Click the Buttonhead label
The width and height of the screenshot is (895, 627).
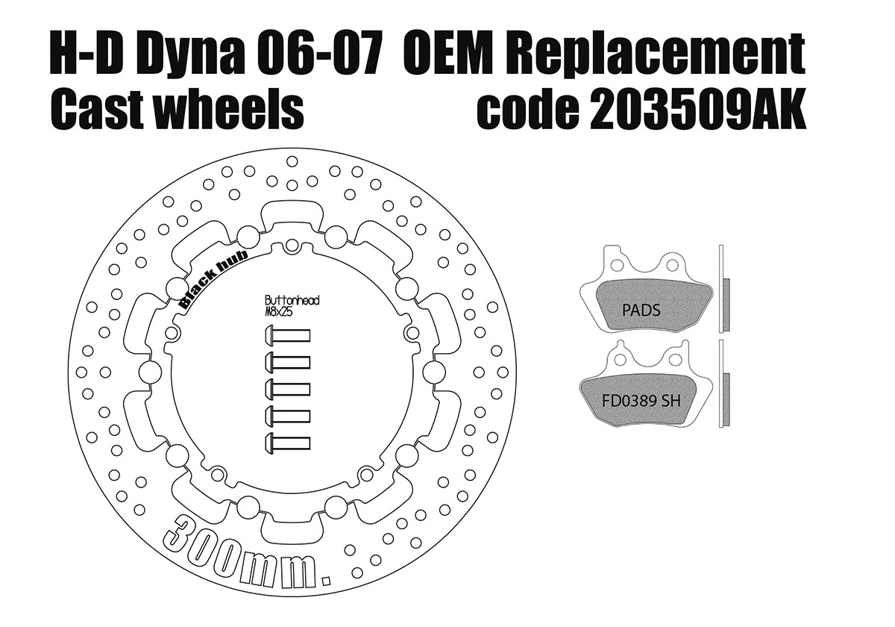292,300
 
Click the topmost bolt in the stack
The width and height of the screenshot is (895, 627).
287,337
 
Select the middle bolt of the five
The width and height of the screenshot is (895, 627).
287,389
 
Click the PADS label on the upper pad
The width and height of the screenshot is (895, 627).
641,309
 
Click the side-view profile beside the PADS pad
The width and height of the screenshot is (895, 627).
723,289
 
